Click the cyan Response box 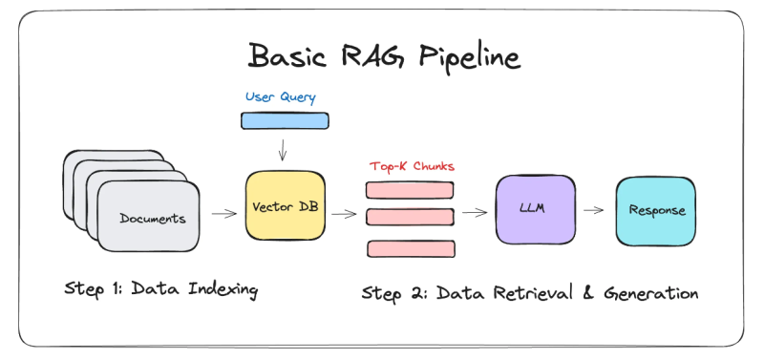pyautogui.click(x=656, y=210)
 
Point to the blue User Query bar pyautogui.click(x=285, y=120)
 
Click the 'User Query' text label pyautogui.click(x=280, y=97)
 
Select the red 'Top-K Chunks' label pyautogui.click(x=412, y=166)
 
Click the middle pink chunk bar pyautogui.click(x=410, y=217)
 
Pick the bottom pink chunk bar pyautogui.click(x=410, y=248)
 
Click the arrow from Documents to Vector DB pyautogui.click(x=224, y=215)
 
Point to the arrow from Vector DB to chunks pyautogui.click(x=342, y=215)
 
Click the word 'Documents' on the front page pyautogui.click(x=153, y=219)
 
